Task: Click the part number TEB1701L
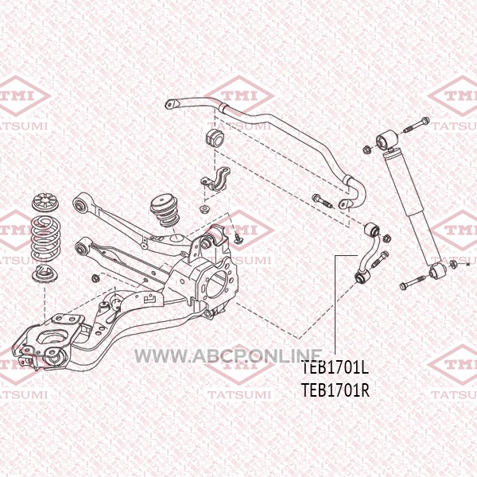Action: coord(335,367)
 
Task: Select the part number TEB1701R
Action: coord(335,390)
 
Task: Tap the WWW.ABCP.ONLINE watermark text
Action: coord(228,356)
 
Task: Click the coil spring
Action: coord(46,238)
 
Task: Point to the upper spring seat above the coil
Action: coord(45,203)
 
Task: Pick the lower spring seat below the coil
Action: coord(45,274)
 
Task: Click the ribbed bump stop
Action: coord(165,211)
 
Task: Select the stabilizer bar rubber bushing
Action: coord(214,138)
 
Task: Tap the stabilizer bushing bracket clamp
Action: coord(216,179)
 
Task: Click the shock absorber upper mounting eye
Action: coord(386,139)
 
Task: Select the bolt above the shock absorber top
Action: coord(416,126)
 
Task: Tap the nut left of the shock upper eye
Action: coord(367,149)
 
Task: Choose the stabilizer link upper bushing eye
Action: coord(372,229)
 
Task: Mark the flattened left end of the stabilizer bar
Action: coord(172,104)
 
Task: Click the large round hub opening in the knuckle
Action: coord(219,284)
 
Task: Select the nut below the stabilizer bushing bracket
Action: coord(203,209)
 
